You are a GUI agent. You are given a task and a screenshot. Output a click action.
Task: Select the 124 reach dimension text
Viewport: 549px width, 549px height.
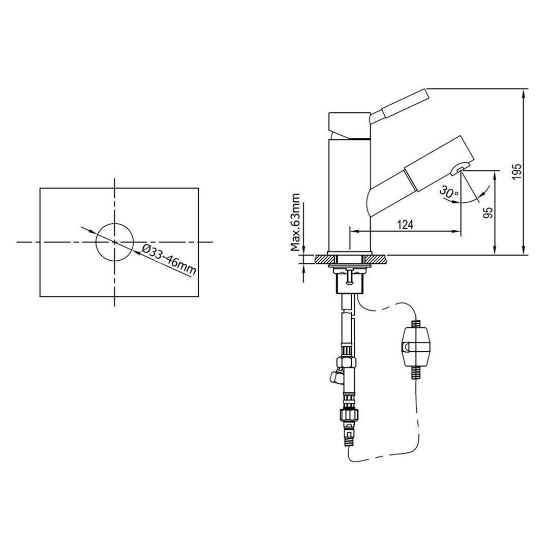click(x=406, y=225)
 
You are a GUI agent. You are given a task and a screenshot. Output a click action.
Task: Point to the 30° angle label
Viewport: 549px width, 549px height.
click(x=449, y=192)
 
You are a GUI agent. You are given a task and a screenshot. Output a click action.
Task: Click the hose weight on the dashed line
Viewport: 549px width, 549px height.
click(x=415, y=347)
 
